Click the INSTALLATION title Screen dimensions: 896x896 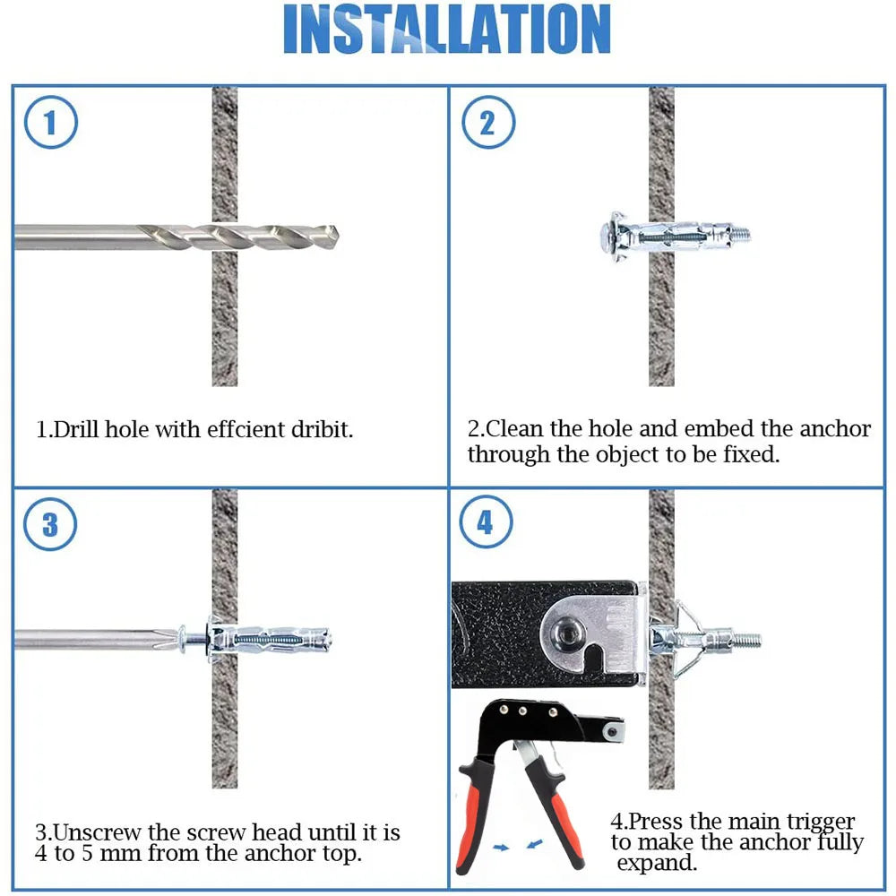[x=447, y=30]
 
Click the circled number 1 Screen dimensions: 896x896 [x=49, y=122]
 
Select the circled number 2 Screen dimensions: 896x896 [x=487, y=122]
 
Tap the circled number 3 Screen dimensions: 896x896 [x=49, y=524]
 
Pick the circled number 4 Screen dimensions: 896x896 [x=486, y=522]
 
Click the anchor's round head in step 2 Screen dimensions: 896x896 [x=609, y=236]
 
